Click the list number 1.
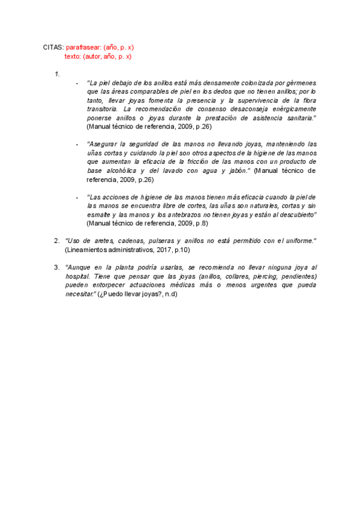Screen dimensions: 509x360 (x=57, y=74)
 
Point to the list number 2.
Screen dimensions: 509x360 (x=57, y=241)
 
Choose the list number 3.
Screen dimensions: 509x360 (x=57, y=267)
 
